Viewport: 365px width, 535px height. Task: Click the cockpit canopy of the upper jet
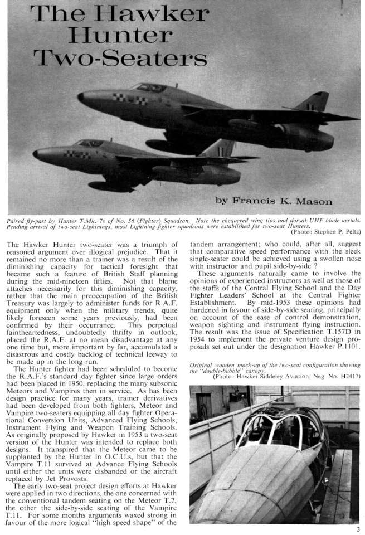(x=149, y=87)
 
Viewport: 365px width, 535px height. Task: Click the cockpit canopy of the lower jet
(x=91, y=143)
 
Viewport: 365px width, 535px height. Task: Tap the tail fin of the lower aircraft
(x=221, y=148)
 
